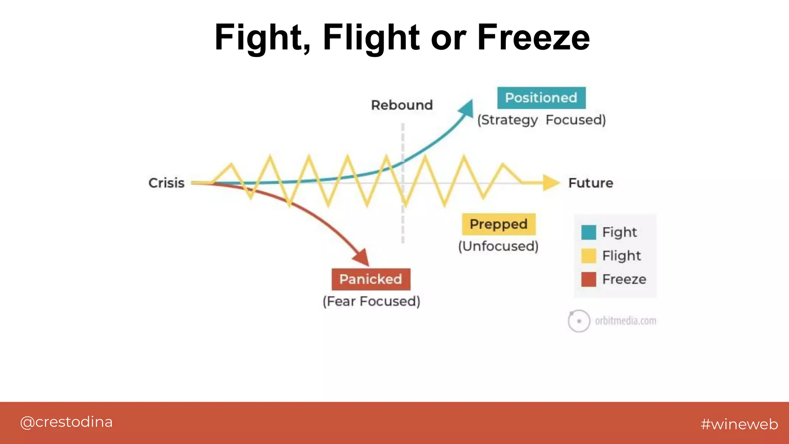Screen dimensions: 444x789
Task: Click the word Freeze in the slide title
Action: click(x=533, y=37)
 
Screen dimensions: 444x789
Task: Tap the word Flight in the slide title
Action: click(x=371, y=37)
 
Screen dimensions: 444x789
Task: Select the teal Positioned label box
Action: click(x=541, y=98)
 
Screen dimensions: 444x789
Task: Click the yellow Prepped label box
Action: click(x=499, y=224)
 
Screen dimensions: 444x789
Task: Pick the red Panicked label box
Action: click(x=371, y=279)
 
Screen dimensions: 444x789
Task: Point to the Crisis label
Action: click(x=166, y=183)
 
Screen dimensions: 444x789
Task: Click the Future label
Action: click(x=591, y=183)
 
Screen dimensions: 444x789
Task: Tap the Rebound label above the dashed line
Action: click(x=402, y=105)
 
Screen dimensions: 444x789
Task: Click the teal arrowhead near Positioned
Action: click(x=467, y=108)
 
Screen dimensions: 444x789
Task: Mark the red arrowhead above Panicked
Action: click(x=362, y=257)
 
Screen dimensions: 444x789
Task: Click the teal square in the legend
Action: click(x=589, y=232)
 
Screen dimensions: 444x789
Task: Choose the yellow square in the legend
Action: click(x=589, y=256)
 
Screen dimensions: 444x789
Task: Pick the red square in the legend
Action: click(x=589, y=279)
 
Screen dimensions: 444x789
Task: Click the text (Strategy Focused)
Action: click(x=541, y=120)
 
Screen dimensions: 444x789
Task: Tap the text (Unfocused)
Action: click(x=498, y=246)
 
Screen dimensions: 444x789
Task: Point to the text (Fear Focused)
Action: click(x=371, y=301)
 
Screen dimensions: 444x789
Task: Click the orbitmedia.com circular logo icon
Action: click(x=579, y=321)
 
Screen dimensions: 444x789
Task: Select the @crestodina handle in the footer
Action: click(x=66, y=422)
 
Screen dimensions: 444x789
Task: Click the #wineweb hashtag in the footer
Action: click(x=739, y=424)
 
